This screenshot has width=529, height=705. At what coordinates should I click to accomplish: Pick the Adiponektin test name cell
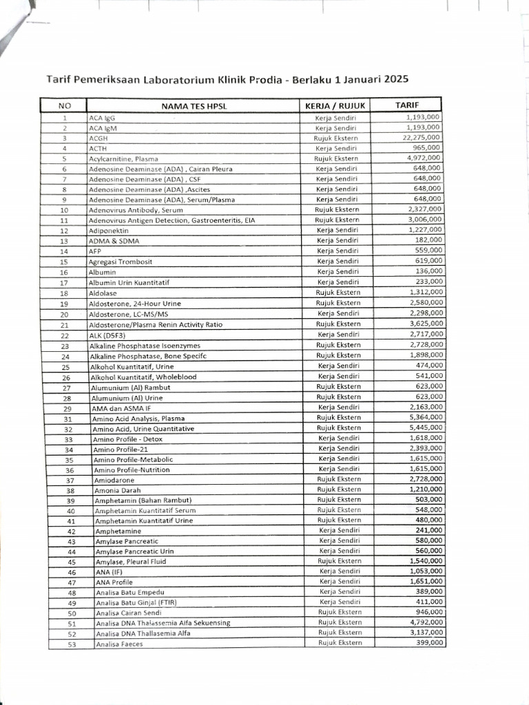point(109,231)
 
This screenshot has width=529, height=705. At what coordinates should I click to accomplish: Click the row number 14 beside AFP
point(64,251)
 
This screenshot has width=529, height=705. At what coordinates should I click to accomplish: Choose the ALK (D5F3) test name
point(107,335)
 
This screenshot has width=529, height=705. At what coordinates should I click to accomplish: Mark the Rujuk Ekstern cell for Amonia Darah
point(338,490)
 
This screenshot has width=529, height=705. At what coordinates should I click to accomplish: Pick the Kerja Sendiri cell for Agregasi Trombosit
point(338,262)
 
